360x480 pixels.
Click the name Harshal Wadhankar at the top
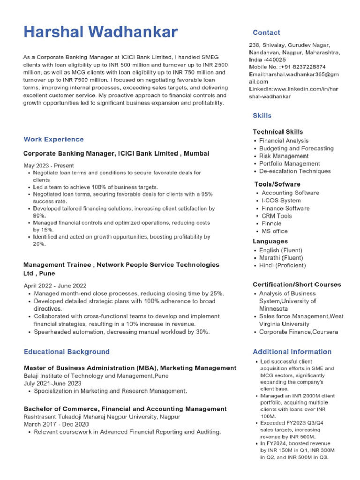tap(100, 32)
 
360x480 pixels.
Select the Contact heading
tap(266, 33)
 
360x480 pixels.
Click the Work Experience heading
tap(53, 139)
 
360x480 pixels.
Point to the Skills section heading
tap(262, 115)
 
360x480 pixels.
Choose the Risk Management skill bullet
tap(284, 156)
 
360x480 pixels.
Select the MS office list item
tap(275, 231)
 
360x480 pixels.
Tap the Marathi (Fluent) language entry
tap(281, 258)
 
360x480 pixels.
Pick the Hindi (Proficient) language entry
tap(282, 265)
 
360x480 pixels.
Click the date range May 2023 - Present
tap(49, 165)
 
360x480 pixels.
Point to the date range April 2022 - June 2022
tap(55, 285)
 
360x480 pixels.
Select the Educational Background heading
tap(67, 352)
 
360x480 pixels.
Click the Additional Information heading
tap(292, 352)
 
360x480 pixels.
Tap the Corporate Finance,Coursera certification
tap(299, 332)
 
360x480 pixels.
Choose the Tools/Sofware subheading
tap(277, 184)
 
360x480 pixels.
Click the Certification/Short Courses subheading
tap(297, 285)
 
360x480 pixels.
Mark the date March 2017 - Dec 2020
tap(56, 424)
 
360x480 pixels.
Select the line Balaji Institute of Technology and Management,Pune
tap(96, 376)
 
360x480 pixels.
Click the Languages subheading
tap(270, 241)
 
